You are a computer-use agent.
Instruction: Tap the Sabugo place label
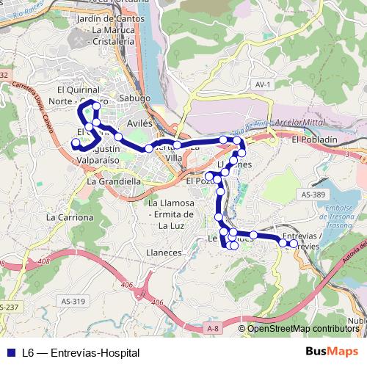pyautogui.click(x=134, y=98)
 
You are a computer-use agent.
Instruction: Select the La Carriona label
pyautogui.click(x=70, y=218)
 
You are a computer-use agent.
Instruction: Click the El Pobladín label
pyautogui.click(x=314, y=139)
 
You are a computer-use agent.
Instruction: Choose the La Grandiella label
pyautogui.click(x=114, y=181)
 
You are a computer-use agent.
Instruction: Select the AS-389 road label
pyautogui.click(x=313, y=194)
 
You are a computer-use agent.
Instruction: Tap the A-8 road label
pyautogui.click(x=213, y=327)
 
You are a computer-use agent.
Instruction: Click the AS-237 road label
pyautogui.click(x=10, y=307)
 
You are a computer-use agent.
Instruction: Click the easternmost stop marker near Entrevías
pyautogui.click(x=294, y=244)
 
